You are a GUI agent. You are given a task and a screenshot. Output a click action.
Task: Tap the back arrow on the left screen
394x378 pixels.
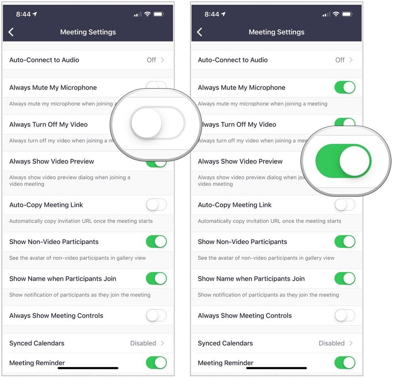pos(11,32)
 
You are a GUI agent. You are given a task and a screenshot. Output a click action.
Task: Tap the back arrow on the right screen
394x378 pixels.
pos(199,32)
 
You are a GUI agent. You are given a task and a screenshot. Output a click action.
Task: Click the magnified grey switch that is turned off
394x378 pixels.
pos(157,123)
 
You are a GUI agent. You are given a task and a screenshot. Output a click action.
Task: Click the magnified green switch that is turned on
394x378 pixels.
pos(343,161)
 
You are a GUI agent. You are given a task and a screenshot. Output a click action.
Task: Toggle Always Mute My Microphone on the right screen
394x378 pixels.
pos(344,87)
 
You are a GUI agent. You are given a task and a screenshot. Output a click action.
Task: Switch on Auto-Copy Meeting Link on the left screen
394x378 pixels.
pos(156,205)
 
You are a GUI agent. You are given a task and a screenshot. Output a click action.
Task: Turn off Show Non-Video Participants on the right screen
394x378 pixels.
pos(344,242)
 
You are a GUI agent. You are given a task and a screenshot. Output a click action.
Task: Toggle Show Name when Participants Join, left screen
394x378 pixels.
pos(156,279)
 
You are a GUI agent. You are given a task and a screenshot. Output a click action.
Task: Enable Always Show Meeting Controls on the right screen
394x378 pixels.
pos(344,316)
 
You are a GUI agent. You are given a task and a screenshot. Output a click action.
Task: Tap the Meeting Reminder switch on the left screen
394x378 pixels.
pos(156,362)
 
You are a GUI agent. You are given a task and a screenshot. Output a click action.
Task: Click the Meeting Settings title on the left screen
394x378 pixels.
pos(88,32)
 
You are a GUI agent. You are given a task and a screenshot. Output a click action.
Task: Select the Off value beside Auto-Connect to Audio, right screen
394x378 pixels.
pos(340,60)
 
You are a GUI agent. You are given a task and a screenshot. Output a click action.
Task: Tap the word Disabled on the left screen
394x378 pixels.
pos(143,343)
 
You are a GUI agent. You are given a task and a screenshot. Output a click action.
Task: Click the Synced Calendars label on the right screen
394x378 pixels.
pos(225,343)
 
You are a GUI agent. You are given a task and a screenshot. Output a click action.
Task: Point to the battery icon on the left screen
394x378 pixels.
pos(158,14)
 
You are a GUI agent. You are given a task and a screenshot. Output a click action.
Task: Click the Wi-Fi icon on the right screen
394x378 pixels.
pos(336,14)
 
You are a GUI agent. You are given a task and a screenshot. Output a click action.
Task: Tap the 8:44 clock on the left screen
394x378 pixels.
pos(23,14)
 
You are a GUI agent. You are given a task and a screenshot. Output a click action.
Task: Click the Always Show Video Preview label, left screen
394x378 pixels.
pos(52,161)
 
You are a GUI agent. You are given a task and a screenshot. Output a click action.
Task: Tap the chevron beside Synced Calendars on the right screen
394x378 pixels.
pos(351,343)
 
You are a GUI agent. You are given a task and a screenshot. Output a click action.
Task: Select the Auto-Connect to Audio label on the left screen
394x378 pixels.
pos(44,60)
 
